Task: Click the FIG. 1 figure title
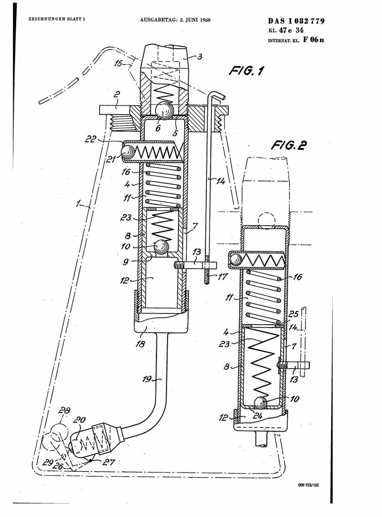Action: click(x=246, y=71)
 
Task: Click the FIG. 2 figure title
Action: click(x=289, y=145)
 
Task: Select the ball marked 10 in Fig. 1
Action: click(x=161, y=246)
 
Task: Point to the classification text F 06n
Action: click(x=313, y=40)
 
